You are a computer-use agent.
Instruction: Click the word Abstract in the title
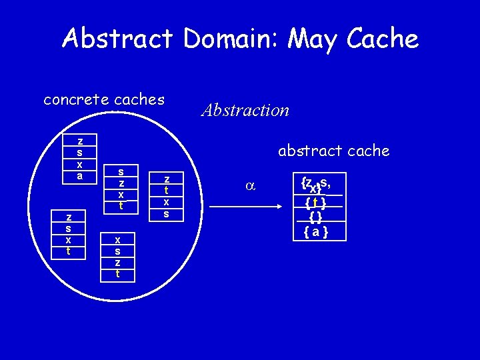118,39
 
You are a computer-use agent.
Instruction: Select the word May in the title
312,39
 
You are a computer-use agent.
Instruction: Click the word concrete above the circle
75,100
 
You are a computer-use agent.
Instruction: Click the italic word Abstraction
245,110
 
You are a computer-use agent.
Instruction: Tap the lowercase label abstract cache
333,151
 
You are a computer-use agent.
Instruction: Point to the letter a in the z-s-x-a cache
80,176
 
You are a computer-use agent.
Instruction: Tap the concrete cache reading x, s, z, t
118,256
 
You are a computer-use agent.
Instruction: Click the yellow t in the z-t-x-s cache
167,190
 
